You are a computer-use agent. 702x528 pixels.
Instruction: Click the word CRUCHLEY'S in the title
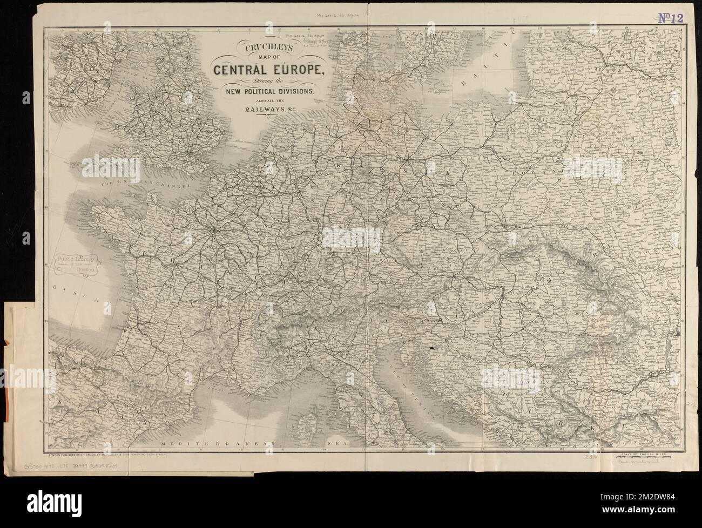[262, 48]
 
